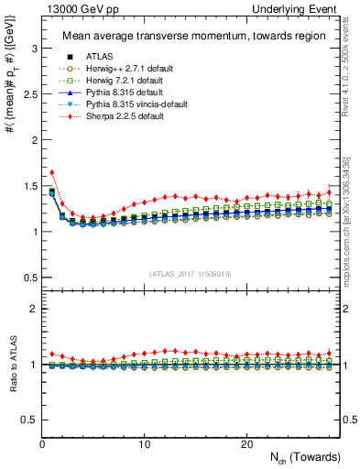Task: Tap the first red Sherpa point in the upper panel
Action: coord(52,172)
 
